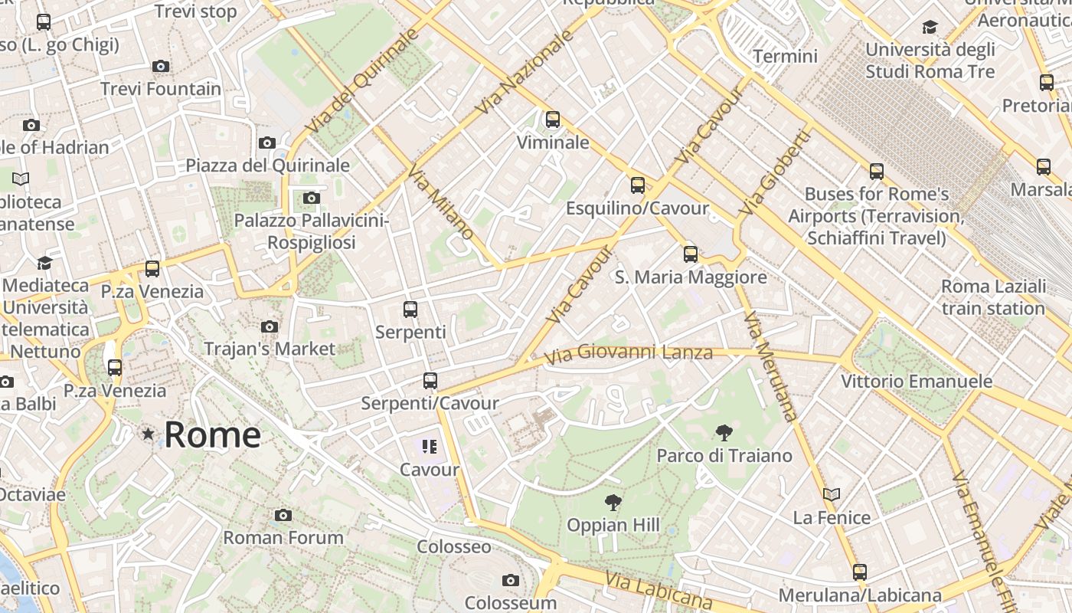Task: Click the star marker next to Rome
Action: click(x=148, y=434)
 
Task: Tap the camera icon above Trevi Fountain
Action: click(x=161, y=67)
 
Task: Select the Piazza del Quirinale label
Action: click(x=267, y=166)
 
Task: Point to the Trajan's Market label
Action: click(x=270, y=349)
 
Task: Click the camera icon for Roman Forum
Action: click(x=283, y=516)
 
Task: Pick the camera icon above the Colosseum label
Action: click(x=511, y=581)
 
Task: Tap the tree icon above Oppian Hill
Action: click(x=613, y=503)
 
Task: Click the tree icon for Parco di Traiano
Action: click(x=724, y=433)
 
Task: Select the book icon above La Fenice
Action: click(x=832, y=495)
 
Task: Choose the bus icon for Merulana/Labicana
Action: click(x=860, y=572)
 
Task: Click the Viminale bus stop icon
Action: click(x=553, y=120)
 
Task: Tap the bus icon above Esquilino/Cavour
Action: click(x=637, y=185)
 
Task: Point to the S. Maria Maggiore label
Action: click(x=691, y=277)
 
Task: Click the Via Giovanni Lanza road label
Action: click(x=628, y=353)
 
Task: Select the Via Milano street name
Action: click(x=441, y=202)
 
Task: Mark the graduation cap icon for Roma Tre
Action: click(x=930, y=28)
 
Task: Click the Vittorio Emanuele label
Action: click(x=917, y=381)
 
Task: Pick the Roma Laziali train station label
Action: click(x=993, y=297)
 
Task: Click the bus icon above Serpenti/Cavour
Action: click(x=430, y=381)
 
